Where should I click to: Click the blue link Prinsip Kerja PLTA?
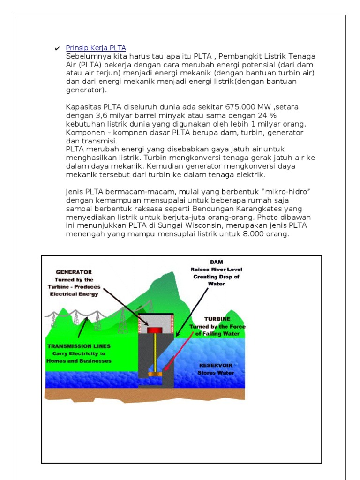[x=96, y=48]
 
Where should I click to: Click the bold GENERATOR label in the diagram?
[x=74, y=272]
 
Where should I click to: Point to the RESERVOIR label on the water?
[x=216, y=365]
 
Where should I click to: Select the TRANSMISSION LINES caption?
[x=79, y=346]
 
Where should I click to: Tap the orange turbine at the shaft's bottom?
[x=155, y=374]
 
